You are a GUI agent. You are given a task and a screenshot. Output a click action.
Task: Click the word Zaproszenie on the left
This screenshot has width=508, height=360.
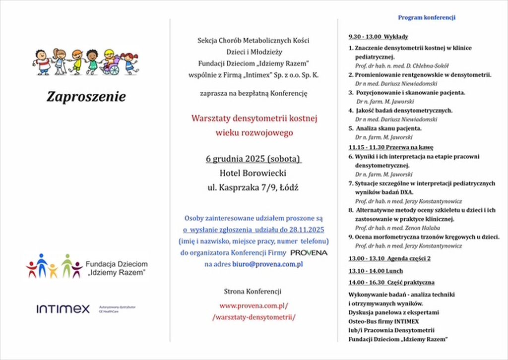(86, 96)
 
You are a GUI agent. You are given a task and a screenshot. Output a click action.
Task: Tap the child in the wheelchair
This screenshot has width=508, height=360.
(110, 63)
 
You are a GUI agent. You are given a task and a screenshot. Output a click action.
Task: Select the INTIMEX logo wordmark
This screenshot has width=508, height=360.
(63, 309)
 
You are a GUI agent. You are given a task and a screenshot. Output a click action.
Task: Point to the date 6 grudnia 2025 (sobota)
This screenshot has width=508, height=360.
(254, 159)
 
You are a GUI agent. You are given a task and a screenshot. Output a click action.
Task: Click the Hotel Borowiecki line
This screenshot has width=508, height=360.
(253, 174)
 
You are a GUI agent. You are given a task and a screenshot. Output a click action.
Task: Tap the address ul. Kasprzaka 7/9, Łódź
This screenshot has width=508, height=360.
(253, 188)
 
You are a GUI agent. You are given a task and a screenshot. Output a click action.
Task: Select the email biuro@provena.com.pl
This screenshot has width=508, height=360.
(267, 264)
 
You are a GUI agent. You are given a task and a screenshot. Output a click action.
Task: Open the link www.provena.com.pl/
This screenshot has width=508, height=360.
(254, 305)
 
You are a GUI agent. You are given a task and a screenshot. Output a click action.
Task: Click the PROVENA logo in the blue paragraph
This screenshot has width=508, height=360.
(309, 253)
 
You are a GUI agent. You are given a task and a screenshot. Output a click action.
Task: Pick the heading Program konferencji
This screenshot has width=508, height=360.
(427, 18)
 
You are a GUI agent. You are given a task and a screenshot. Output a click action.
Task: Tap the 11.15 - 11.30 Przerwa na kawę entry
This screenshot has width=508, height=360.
(391, 147)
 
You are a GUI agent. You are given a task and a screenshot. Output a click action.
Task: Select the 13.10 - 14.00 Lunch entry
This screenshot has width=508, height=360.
(376, 271)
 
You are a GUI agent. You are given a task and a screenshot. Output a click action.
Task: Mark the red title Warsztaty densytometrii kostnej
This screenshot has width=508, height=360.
(254, 119)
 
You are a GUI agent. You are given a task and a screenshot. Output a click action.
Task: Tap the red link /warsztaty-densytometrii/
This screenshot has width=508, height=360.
(254, 317)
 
